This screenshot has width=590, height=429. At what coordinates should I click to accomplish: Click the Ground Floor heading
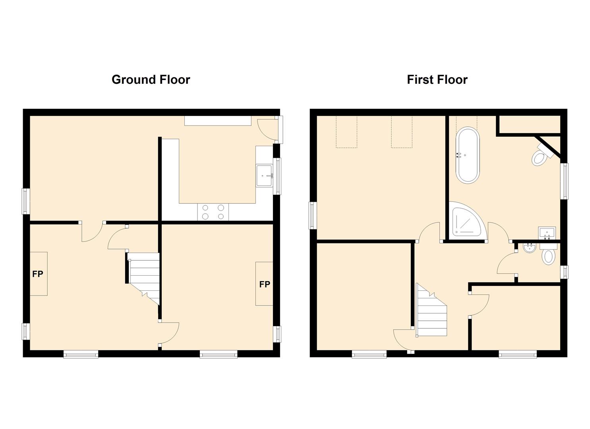(151, 80)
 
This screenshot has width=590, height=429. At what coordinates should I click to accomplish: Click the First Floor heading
(437, 80)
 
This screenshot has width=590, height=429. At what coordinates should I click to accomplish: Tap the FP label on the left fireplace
(38, 274)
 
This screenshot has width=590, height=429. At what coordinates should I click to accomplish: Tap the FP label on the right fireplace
(265, 284)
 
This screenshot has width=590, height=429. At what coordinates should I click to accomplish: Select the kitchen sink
(265, 176)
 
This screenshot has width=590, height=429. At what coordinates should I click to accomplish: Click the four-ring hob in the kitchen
(213, 212)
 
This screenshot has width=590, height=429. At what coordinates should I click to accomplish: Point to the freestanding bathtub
(468, 155)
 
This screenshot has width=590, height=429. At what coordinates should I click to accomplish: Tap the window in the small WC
(564, 272)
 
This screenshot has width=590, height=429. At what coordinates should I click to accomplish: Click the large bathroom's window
(564, 181)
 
